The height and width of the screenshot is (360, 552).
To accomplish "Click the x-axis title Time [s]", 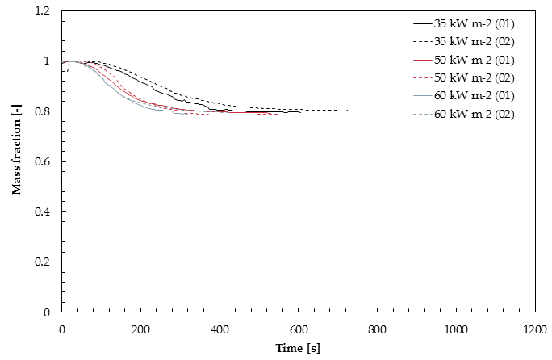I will (298, 349).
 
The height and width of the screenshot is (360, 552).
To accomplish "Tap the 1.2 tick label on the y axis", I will (42, 11).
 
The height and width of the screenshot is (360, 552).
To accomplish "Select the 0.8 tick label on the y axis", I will (42, 111).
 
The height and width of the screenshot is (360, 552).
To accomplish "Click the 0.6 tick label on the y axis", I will (42, 161).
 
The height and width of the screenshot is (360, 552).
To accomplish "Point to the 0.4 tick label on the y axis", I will (42, 211).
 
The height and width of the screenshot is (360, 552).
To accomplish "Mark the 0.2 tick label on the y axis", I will (42, 262).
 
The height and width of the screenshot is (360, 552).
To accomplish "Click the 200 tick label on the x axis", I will (140, 329).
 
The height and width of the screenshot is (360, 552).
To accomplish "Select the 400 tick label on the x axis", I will (220, 329).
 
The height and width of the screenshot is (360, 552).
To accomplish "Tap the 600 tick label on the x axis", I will (298, 329).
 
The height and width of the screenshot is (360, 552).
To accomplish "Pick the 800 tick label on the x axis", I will (377, 329).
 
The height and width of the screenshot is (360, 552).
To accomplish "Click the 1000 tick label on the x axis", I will (455, 329).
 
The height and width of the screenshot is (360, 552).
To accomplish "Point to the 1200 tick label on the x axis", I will (533, 329).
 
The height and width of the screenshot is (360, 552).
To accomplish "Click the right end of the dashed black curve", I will (381, 111).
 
